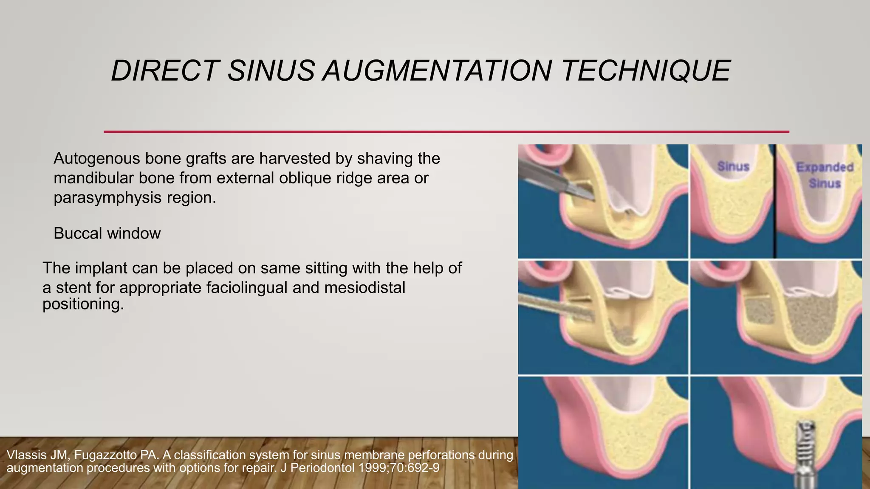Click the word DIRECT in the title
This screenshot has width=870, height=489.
[x=165, y=70]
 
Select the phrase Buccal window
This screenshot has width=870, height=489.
[x=107, y=233]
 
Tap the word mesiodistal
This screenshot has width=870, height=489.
[x=364, y=288]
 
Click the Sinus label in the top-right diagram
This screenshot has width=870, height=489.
[x=733, y=166]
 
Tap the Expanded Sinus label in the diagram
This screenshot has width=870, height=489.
[x=825, y=175]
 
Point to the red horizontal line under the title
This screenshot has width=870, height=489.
[x=446, y=132]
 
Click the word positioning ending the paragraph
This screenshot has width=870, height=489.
[x=83, y=304]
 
